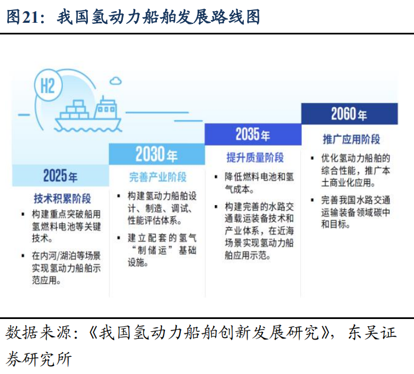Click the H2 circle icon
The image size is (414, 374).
[x=48, y=86]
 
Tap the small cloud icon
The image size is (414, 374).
[x=116, y=81]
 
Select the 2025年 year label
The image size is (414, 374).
[x=61, y=176]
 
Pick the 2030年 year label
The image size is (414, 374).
[x=156, y=154]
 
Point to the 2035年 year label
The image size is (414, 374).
[x=253, y=134]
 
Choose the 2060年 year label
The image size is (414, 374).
[x=349, y=114]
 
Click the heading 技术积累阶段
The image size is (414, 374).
[x=62, y=198]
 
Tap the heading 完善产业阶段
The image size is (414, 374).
[x=158, y=177]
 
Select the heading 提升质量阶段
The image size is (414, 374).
[x=255, y=157]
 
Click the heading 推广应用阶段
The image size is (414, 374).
[x=352, y=139]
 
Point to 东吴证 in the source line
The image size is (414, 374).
[x=372, y=332]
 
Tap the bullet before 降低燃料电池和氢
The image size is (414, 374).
[x=216, y=177]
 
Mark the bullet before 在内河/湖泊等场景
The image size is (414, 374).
[x=23, y=256]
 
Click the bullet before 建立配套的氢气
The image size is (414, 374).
[x=119, y=238]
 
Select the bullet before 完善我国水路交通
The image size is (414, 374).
[x=312, y=200]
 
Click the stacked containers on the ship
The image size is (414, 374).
[x=75, y=110]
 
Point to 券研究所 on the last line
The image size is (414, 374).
[x=38, y=359]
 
